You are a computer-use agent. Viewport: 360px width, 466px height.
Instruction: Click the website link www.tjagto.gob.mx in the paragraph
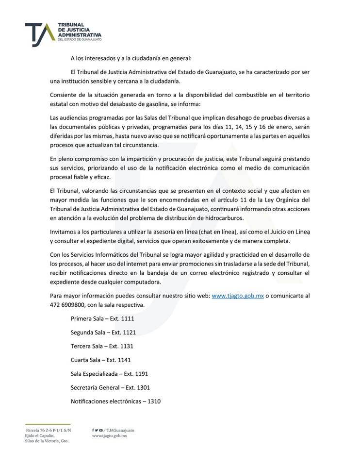pyautogui.click(x=238, y=296)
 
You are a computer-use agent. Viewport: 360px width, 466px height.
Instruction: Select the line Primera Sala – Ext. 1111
pyautogui.click(x=102, y=319)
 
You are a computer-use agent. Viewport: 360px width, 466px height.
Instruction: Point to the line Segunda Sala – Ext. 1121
pyautogui.click(x=103, y=333)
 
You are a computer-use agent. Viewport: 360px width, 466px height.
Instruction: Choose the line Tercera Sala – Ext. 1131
pyautogui.click(x=102, y=346)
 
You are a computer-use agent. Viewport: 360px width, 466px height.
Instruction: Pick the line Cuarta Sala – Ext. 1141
pyautogui.click(x=100, y=360)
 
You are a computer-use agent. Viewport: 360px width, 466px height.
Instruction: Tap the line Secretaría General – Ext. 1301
pyautogui.click(x=110, y=387)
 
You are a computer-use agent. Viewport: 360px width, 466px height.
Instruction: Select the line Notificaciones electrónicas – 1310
pyautogui.click(x=115, y=401)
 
